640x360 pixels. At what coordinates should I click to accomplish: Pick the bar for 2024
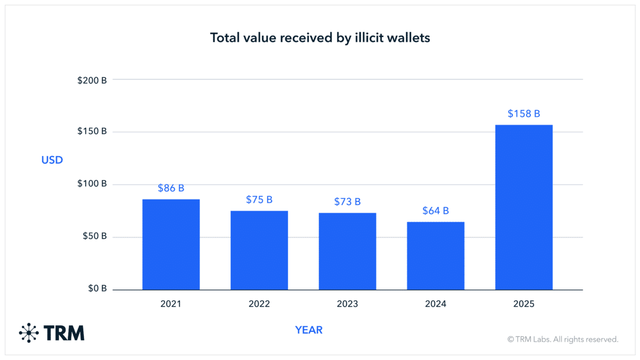(x=436, y=256)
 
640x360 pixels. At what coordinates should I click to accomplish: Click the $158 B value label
(x=524, y=114)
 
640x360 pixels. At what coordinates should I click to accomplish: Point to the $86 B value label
(x=171, y=188)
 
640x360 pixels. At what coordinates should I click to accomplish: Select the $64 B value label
(x=436, y=211)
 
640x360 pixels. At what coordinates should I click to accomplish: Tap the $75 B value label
(x=259, y=200)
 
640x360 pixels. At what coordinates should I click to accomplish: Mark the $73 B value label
(x=348, y=202)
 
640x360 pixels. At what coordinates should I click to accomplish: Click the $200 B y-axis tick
(x=92, y=80)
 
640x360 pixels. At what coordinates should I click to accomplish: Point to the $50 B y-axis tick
(x=94, y=237)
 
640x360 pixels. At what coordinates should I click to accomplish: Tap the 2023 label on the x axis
(x=348, y=304)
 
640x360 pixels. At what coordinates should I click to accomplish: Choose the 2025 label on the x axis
(x=524, y=304)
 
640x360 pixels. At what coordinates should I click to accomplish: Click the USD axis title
(x=52, y=160)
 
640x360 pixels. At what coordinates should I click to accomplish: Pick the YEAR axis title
(x=309, y=330)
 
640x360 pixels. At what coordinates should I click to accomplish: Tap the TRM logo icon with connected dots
(x=29, y=333)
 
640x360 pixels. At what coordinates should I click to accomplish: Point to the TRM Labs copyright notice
(x=563, y=340)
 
